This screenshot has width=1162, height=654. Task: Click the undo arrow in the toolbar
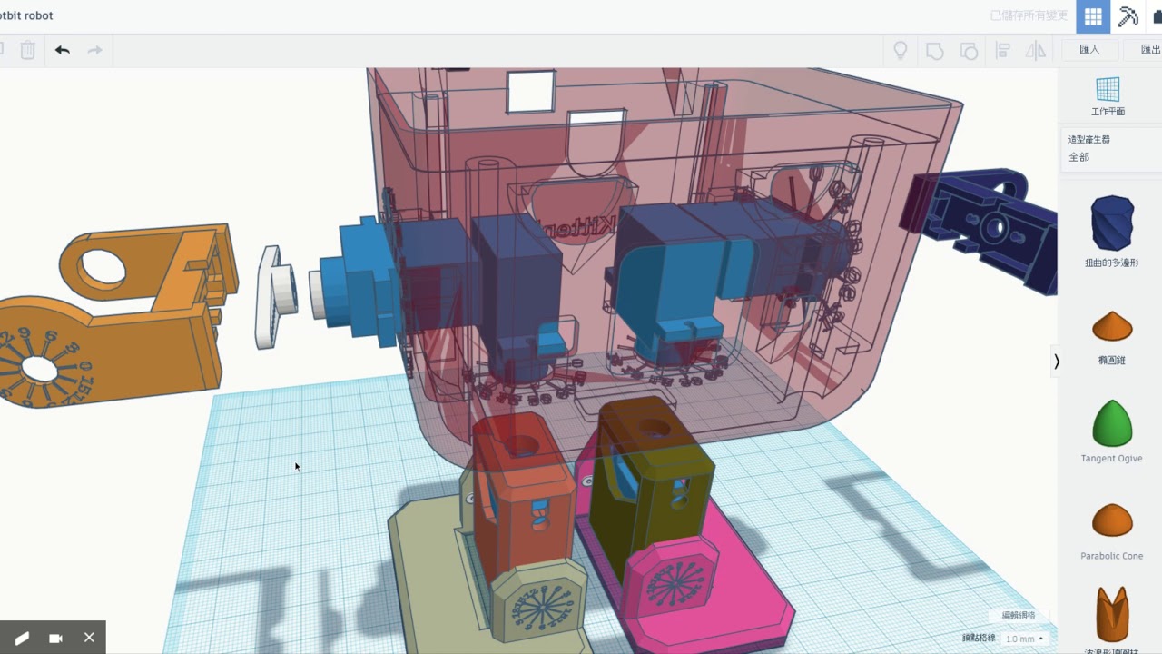pos(62,51)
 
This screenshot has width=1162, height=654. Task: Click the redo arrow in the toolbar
pos(94,51)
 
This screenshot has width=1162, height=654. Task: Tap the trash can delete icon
pos(28,51)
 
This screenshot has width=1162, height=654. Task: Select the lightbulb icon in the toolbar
pos(901,51)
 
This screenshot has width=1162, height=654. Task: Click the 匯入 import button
pos(1089,50)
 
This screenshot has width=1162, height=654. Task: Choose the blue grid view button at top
pos(1093,16)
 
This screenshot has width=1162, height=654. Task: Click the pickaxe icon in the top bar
pos(1128,16)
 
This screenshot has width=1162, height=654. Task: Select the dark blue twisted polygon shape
pos(1111,223)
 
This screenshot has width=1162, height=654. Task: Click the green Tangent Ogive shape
pos(1111,422)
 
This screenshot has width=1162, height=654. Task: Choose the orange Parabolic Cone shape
pos(1111,520)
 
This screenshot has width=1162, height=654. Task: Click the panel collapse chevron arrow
pos(1056,361)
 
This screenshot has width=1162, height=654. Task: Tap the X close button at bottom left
pos(89,638)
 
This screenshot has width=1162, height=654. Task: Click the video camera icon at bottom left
pos(55,638)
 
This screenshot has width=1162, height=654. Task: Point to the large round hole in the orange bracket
pos(103,266)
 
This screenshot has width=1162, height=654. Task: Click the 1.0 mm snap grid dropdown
pos(1024,639)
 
